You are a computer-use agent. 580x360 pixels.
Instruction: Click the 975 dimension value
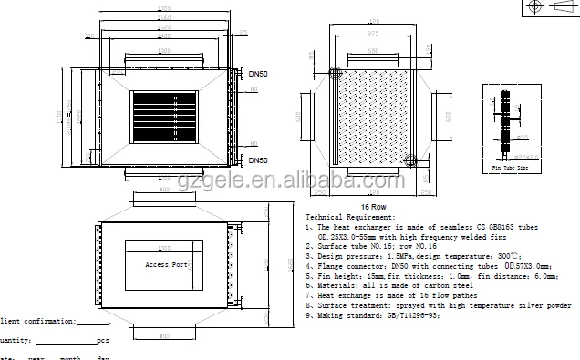(x=373, y=33)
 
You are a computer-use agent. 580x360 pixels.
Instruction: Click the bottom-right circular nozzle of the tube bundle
(x=410, y=161)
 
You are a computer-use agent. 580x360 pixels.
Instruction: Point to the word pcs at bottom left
(x=101, y=340)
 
